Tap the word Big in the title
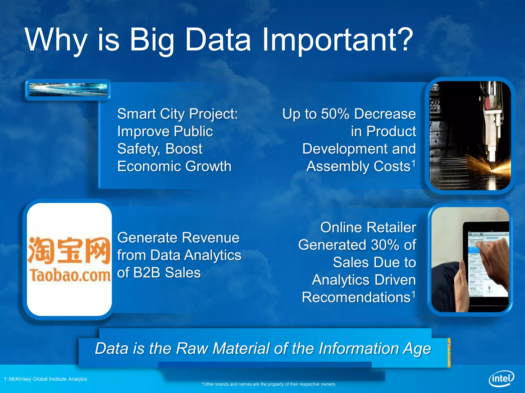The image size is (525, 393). click(152, 40)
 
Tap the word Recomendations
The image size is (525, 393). click(356, 298)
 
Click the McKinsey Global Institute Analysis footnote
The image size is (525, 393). click(46, 379)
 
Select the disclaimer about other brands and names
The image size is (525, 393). click(269, 384)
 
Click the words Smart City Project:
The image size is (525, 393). click(177, 114)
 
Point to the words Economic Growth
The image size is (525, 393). click(174, 166)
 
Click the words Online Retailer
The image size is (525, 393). click(368, 227)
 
